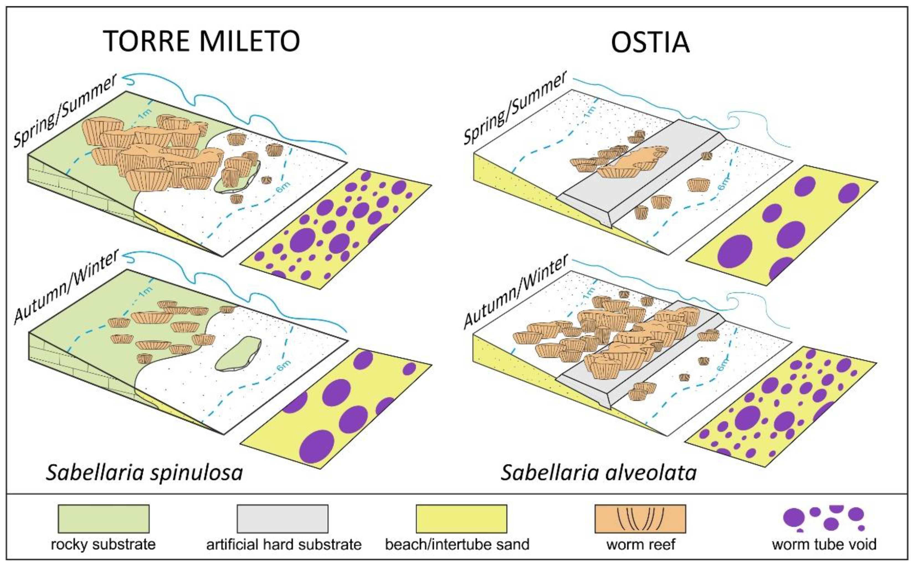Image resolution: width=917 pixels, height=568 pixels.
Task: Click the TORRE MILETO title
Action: pyautogui.click(x=201, y=41)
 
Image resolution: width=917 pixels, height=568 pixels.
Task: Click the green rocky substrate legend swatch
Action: pyautogui.click(x=103, y=518)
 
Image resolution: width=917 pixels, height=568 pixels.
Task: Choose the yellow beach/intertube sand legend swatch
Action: pyautogui.click(x=461, y=518)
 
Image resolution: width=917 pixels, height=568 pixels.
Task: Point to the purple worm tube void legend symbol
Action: pyautogui.click(x=824, y=518)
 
